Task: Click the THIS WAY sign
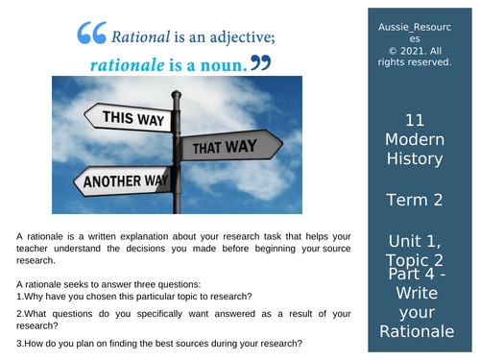tap(124, 119)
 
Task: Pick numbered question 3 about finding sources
tap(159, 344)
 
